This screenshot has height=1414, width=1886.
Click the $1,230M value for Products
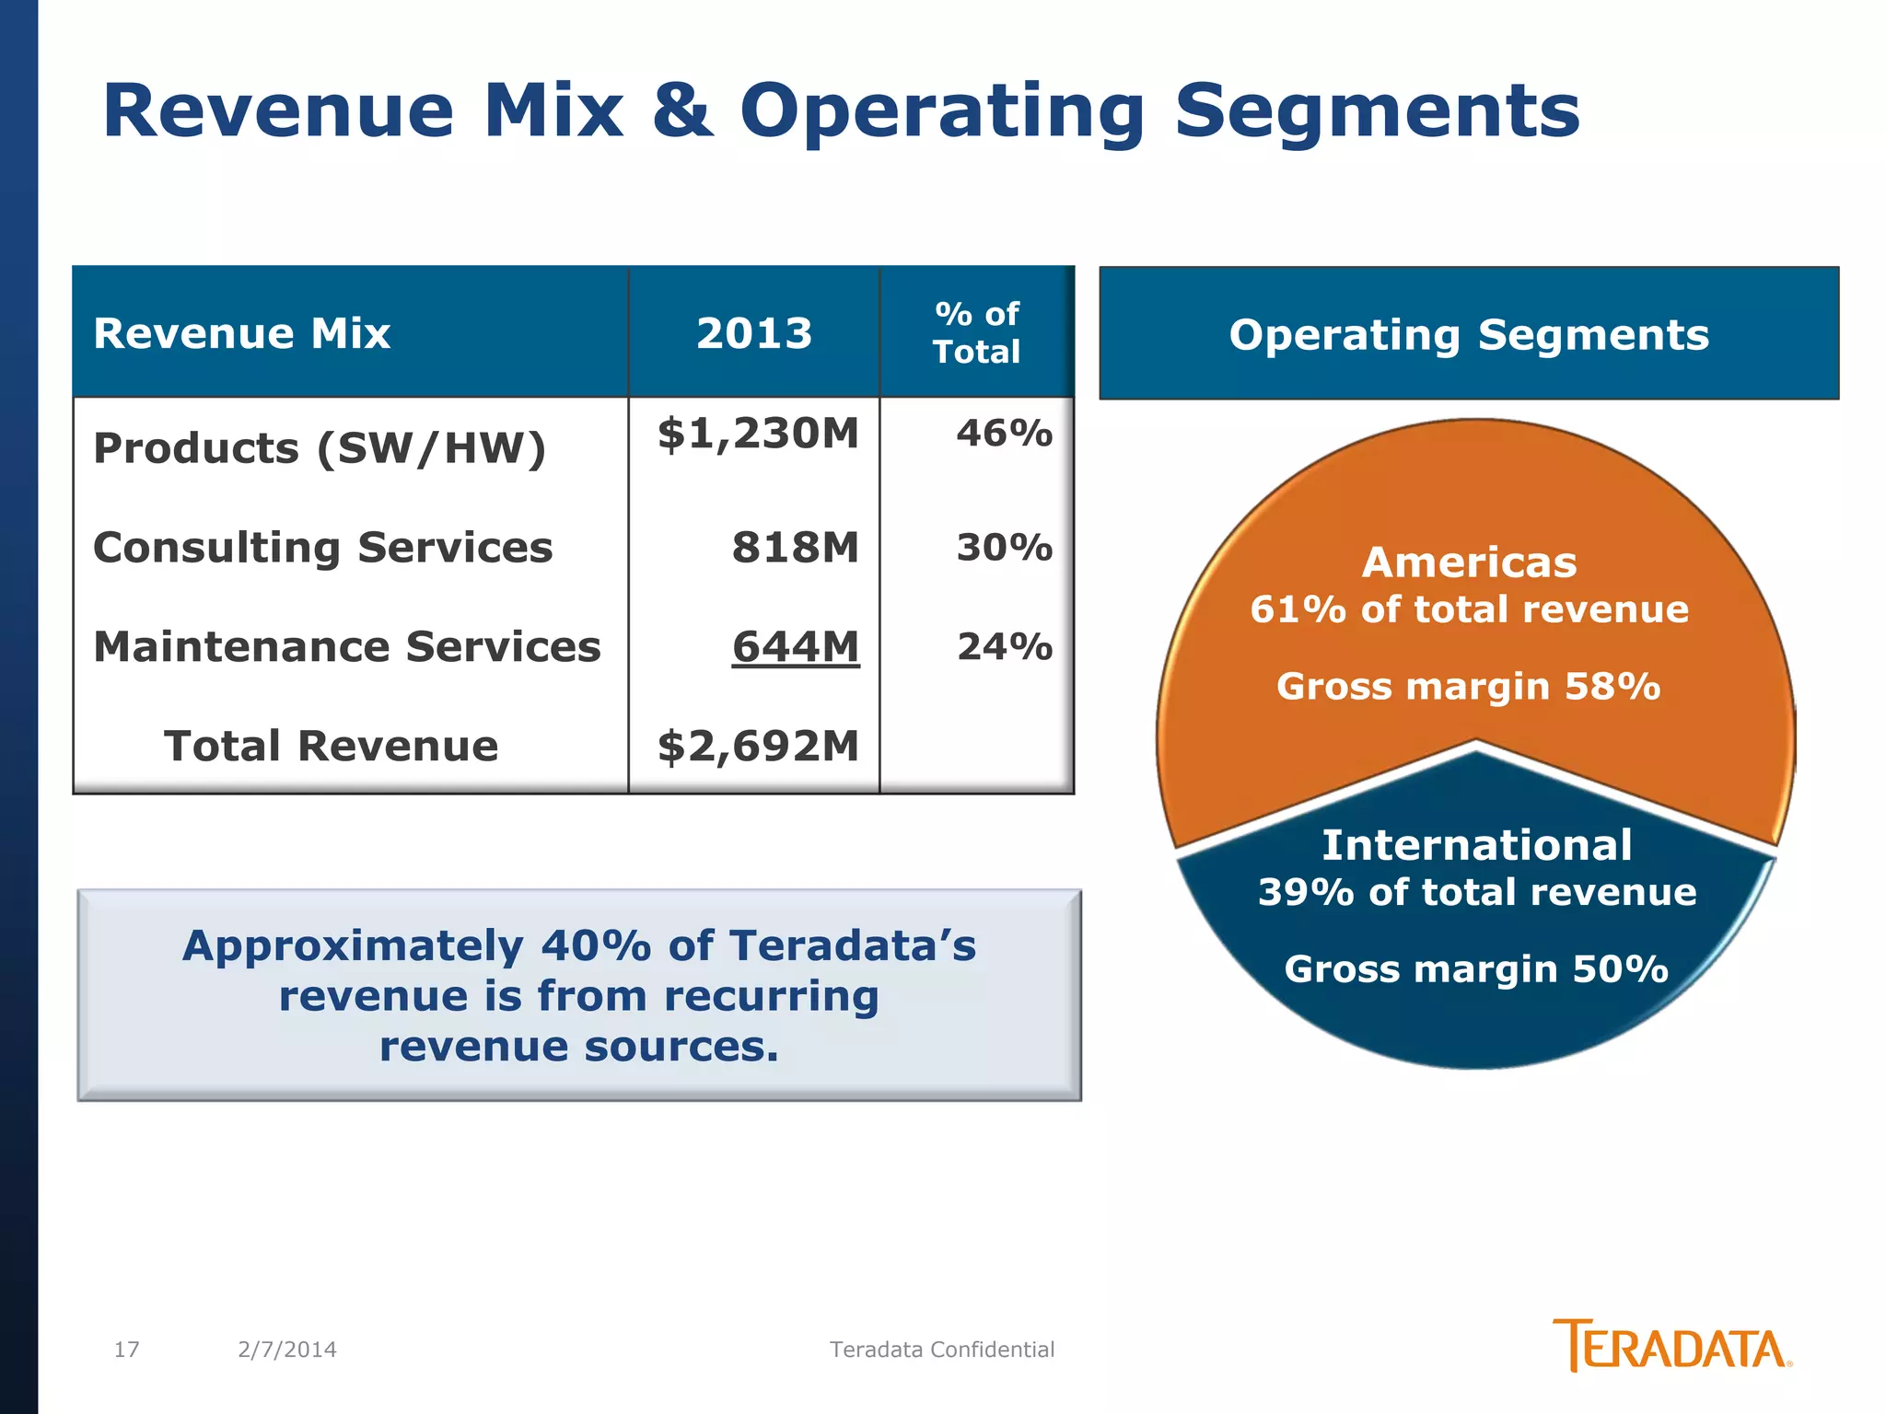tap(757, 434)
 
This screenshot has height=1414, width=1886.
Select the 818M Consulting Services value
tap(795, 548)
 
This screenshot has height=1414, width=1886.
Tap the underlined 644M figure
tap(795, 647)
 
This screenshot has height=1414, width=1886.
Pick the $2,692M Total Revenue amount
tap(757, 746)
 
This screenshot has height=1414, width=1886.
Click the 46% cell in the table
tap(1004, 434)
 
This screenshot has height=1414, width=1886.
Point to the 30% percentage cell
tap(1004, 548)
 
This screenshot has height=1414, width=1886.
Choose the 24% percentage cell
tap(1004, 647)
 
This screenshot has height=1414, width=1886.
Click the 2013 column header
tap(753, 333)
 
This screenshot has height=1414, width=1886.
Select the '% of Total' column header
tap(976, 333)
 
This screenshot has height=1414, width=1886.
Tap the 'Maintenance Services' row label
tap(346, 647)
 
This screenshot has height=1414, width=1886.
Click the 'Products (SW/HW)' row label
tap(320, 449)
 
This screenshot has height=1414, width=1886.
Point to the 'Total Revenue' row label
tap(331, 746)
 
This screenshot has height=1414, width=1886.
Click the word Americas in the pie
tap(1469, 562)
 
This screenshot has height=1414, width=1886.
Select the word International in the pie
tap(1476, 845)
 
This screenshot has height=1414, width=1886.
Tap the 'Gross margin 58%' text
tap(1468, 687)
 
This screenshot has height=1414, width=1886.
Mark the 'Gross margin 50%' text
tap(1475, 969)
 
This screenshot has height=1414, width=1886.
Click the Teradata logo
tap(1671, 1346)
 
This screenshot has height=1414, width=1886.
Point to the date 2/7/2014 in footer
tap(286, 1350)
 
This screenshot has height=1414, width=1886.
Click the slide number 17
tap(126, 1350)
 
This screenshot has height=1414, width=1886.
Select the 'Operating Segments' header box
tap(1468, 334)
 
